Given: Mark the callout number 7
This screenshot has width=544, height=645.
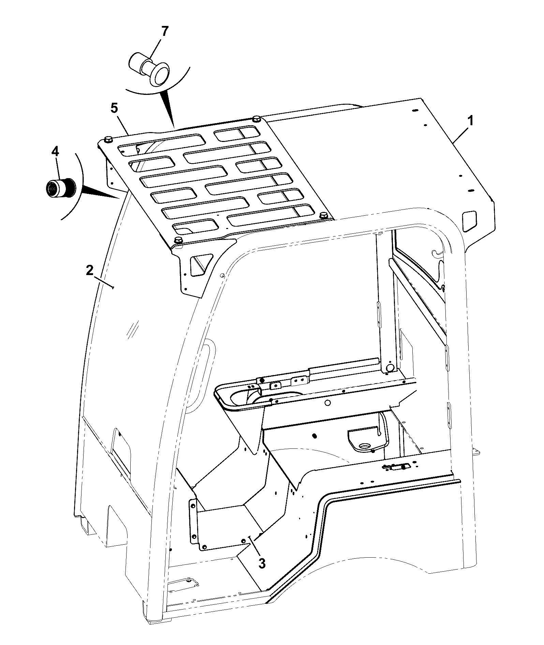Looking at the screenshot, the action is [165, 31].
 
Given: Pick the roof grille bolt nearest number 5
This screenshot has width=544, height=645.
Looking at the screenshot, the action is [108, 139].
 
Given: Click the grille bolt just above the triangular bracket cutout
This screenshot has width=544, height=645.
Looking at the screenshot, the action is [178, 240].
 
